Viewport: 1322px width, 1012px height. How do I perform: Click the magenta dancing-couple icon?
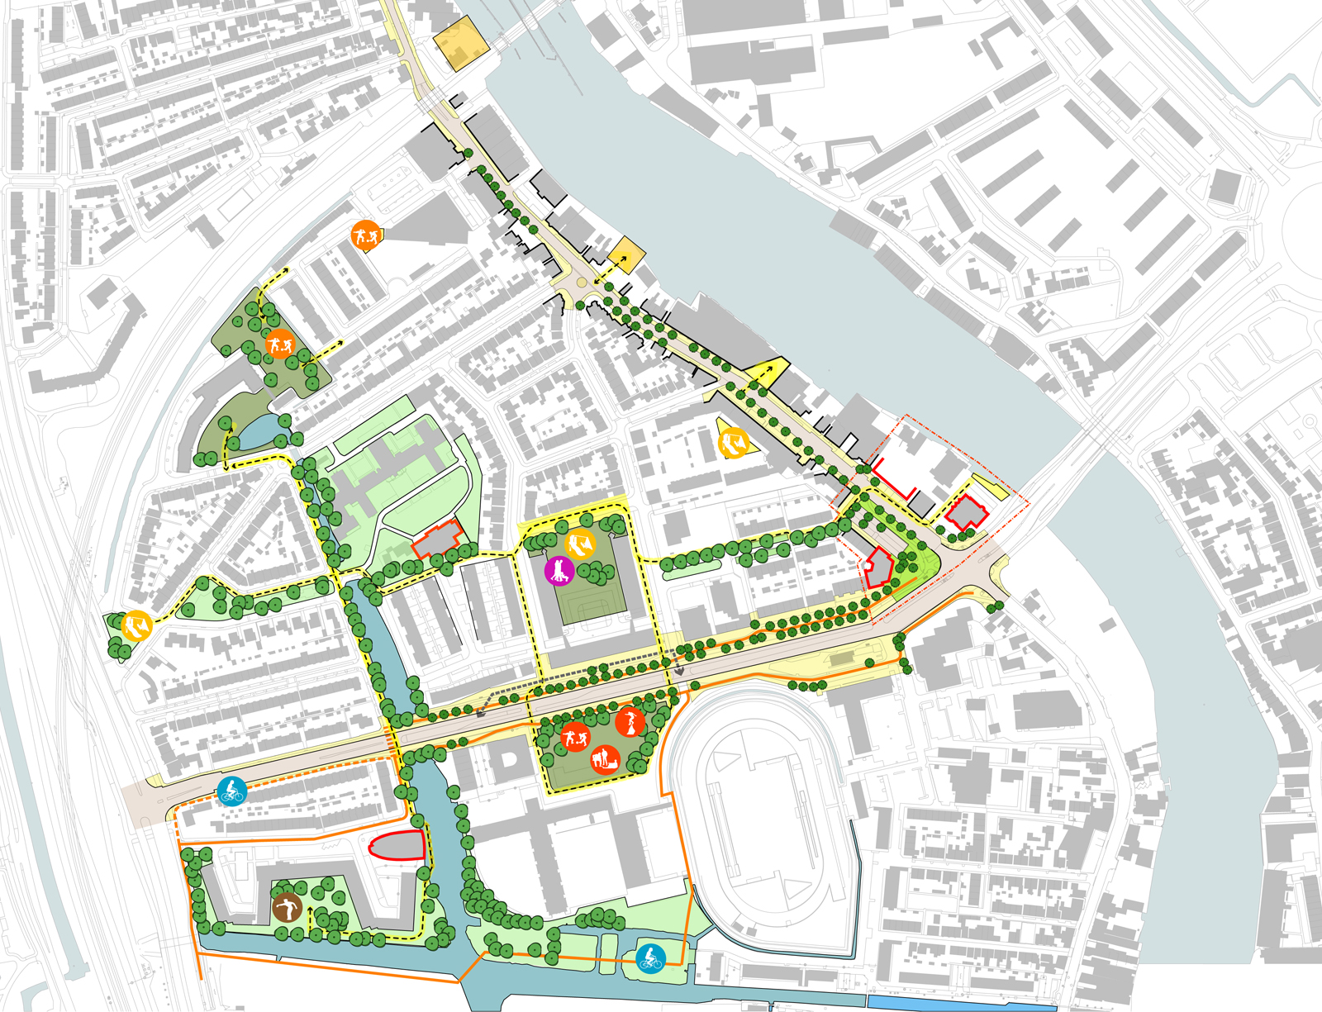coord(559,571)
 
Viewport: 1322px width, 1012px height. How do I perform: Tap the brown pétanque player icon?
coord(286,908)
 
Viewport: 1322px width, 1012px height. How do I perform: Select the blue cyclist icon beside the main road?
coord(232,791)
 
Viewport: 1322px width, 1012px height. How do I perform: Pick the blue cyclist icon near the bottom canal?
coord(651,958)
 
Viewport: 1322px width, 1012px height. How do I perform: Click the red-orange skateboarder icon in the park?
coord(630,722)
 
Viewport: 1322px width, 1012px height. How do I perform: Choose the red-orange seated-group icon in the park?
coord(605,758)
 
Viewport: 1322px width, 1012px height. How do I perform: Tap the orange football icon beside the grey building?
coord(364,236)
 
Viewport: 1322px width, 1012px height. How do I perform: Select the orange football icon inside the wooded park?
coord(280,342)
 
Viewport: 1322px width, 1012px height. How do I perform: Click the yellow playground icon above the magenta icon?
coord(580,544)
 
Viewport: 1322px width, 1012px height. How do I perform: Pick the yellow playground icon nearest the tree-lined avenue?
coord(733,444)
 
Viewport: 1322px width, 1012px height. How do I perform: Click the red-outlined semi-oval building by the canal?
coord(397,846)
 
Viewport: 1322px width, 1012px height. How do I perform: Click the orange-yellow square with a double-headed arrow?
coord(625,255)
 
